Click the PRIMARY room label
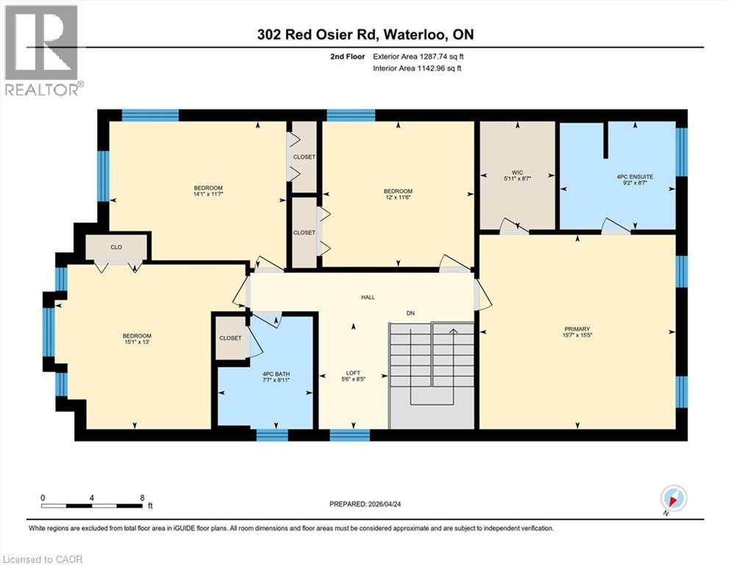[577, 329]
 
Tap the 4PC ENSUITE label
[635, 177]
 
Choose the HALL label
[368, 297]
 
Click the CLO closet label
[116, 248]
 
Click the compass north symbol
[674, 498]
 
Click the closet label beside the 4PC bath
[230, 338]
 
